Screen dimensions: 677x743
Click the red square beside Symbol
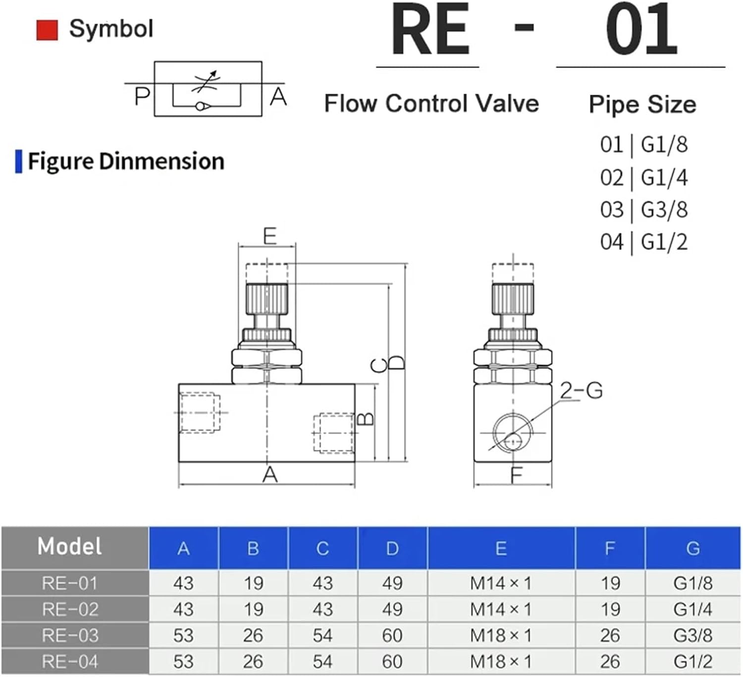coord(47,30)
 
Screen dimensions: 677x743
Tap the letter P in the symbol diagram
coord(142,96)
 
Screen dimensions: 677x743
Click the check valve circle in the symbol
coord(201,106)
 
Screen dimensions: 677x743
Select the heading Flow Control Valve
coord(431,104)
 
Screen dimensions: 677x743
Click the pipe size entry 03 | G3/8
coord(643,210)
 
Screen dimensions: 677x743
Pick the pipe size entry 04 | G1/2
coord(643,242)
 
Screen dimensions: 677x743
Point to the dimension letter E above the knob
coord(269,236)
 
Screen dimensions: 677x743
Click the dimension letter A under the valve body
coord(269,475)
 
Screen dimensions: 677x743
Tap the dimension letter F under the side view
coord(516,475)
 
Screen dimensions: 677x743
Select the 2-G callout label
coord(582,391)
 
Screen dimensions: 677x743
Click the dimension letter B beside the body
coord(366,419)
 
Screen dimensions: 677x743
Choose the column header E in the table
coord(501,548)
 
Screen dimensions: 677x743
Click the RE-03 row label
coord(70,635)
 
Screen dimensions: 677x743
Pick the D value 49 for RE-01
coord(392,583)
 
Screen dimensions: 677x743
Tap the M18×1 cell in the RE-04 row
coord(501,662)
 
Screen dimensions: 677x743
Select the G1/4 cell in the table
coord(692,609)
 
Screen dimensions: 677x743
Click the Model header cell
coord(70,547)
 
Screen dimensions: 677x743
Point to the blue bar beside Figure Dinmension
coord(19,162)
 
